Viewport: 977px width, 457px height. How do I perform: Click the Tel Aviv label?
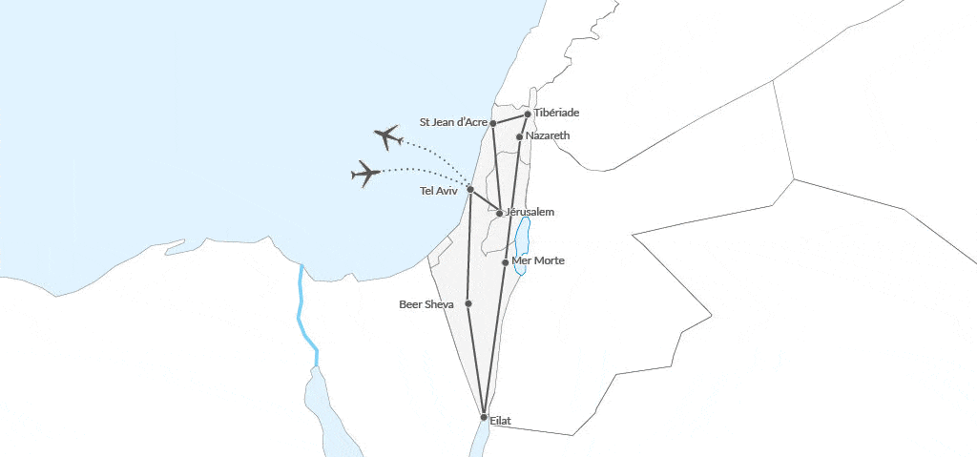pos(439,191)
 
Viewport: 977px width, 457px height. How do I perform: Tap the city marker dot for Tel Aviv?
pos(470,189)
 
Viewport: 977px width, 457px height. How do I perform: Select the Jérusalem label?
pos(530,211)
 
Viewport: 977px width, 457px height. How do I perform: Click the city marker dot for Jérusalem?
pos(500,213)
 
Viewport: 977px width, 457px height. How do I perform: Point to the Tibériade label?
pos(556,113)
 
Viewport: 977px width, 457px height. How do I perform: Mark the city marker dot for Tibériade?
pos(528,114)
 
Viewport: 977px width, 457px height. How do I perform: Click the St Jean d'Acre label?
pos(454,122)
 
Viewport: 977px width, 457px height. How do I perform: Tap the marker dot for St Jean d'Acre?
pos(493,123)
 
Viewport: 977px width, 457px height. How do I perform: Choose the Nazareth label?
pos(548,135)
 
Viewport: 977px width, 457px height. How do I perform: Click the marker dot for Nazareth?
pos(519,136)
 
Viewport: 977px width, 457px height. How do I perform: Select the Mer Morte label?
pos(539,260)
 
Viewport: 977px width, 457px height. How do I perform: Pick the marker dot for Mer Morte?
pos(506,261)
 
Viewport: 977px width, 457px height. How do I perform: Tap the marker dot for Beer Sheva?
pos(468,303)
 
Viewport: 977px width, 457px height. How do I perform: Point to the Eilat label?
pos(501,420)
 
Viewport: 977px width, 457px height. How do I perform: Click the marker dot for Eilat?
pos(484,418)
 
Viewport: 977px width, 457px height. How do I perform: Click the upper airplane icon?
pos(387,137)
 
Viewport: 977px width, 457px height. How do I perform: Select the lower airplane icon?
pos(365,173)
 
